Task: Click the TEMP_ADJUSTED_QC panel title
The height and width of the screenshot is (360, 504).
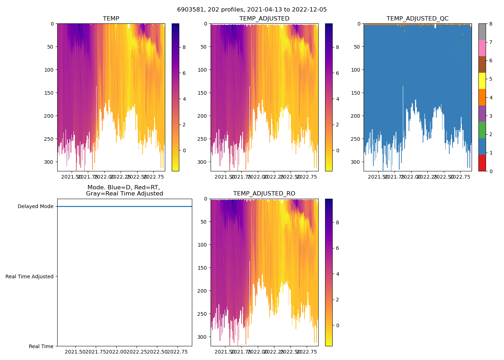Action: coord(417,19)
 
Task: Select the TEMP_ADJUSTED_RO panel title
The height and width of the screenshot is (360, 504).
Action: coord(264,194)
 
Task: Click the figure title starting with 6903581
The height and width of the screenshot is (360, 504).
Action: coord(252,10)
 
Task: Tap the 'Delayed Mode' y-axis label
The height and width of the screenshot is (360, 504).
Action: coord(35,206)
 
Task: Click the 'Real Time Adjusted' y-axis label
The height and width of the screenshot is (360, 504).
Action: coord(30,276)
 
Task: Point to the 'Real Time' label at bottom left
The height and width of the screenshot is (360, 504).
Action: coord(41,346)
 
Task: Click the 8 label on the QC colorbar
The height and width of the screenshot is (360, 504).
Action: coord(491,24)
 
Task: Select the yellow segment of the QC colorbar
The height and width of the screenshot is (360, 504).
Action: coord(482,81)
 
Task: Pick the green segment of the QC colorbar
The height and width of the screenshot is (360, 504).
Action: coord(482,130)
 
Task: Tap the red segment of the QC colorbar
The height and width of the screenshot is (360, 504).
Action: coord(482,163)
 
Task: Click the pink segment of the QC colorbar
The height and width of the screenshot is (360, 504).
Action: coord(482,48)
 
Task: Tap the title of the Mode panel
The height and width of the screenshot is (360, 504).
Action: coord(124,190)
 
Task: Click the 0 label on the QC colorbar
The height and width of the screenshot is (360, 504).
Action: coord(491,171)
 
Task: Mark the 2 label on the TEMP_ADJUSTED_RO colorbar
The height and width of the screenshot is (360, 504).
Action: coord(337,300)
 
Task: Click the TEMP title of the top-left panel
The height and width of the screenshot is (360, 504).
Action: coord(111,19)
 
